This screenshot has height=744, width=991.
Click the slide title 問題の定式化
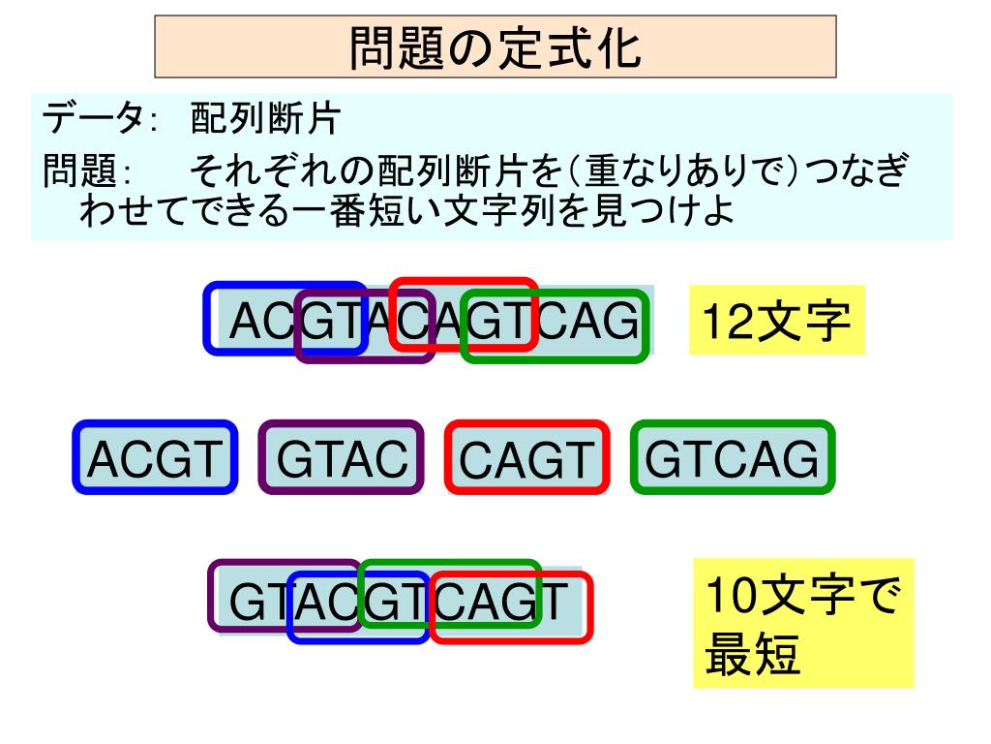click(495, 46)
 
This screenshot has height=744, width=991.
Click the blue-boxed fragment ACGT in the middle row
click(155, 457)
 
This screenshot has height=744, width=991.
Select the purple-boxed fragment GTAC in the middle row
click(341, 457)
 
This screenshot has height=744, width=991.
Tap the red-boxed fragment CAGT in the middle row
click(526, 457)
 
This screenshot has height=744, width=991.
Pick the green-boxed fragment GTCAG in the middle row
click(732, 457)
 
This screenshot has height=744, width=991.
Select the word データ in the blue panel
click(91, 121)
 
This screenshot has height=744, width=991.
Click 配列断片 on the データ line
click(263, 121)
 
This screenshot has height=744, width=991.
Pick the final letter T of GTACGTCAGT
click(553, 603)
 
